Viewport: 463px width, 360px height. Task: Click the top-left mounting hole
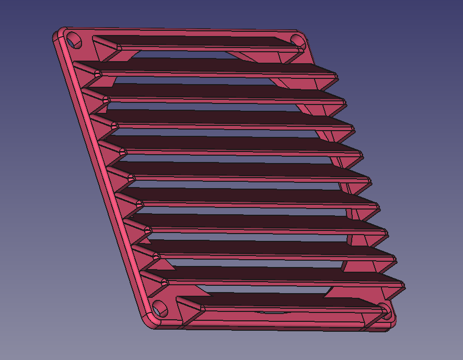tap(75, 39)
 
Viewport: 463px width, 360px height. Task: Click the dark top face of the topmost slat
tap(199, 41)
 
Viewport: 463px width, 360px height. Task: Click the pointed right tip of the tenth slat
tap(403, 285)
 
